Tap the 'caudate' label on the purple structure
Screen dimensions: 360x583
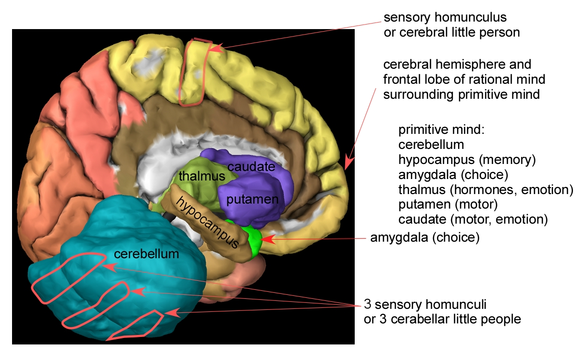click(x=250, y=166)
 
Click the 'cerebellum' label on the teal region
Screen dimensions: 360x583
click(x=146, y=254)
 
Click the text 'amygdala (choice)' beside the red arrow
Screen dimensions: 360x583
click(x=424, y=237)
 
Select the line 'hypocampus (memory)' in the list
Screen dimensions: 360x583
click(x=467, y=159)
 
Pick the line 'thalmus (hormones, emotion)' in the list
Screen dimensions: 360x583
click(x=485, y=190)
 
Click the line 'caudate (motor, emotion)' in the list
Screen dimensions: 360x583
click(x=473, y=219)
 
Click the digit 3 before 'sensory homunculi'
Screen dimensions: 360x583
click(x=367, y=304)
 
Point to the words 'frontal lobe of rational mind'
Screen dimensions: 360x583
click(x=464, y=79)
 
